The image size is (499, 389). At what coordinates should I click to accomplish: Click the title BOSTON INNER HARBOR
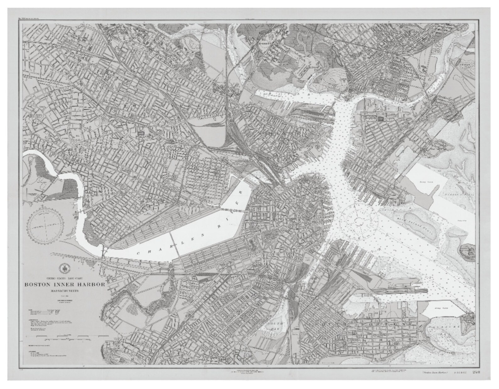[65, 285]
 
